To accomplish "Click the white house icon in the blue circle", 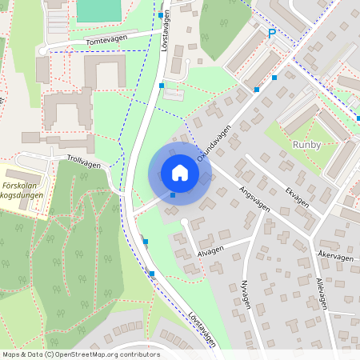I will point(180,173).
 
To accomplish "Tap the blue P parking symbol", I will point(271,34).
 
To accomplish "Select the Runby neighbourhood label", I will point(307,145).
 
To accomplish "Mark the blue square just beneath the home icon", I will point(173,194).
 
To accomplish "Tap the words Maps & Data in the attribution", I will point(20,354).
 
